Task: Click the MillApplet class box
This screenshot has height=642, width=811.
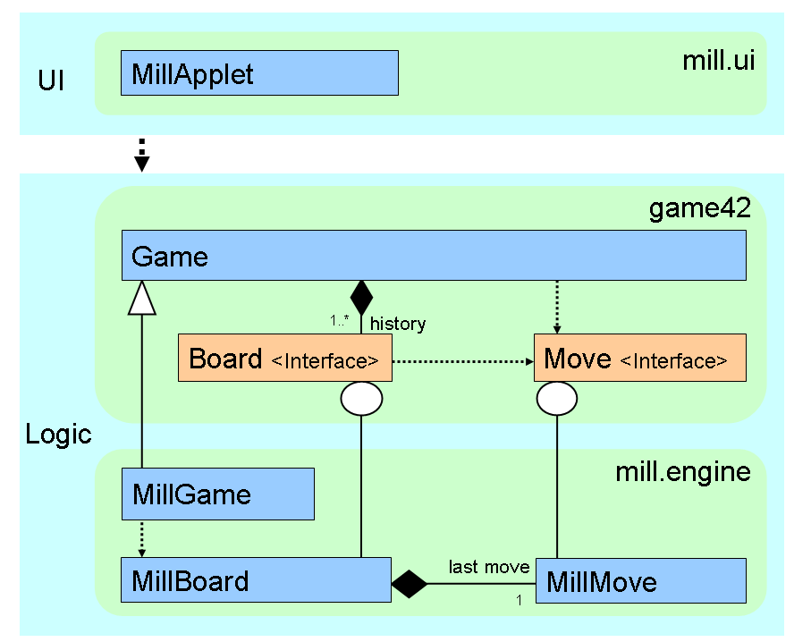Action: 259,73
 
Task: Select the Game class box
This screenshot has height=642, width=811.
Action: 434,256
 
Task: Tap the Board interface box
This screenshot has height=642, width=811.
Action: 285,359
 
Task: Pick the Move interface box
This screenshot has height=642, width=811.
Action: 639,359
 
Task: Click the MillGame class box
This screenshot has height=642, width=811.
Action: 217,494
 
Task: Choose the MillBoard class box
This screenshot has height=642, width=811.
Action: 256,581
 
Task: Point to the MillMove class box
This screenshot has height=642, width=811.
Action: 640,581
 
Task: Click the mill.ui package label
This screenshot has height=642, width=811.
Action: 718,62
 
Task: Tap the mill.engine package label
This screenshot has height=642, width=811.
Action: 683,471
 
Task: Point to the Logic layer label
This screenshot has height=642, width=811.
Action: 58,435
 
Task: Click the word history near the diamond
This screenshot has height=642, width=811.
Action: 398,323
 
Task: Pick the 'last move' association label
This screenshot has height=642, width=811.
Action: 489,567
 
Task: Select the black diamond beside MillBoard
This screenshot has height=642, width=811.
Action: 410,584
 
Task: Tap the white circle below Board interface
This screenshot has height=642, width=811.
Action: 361,399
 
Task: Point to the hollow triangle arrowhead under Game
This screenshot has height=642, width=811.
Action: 142,297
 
